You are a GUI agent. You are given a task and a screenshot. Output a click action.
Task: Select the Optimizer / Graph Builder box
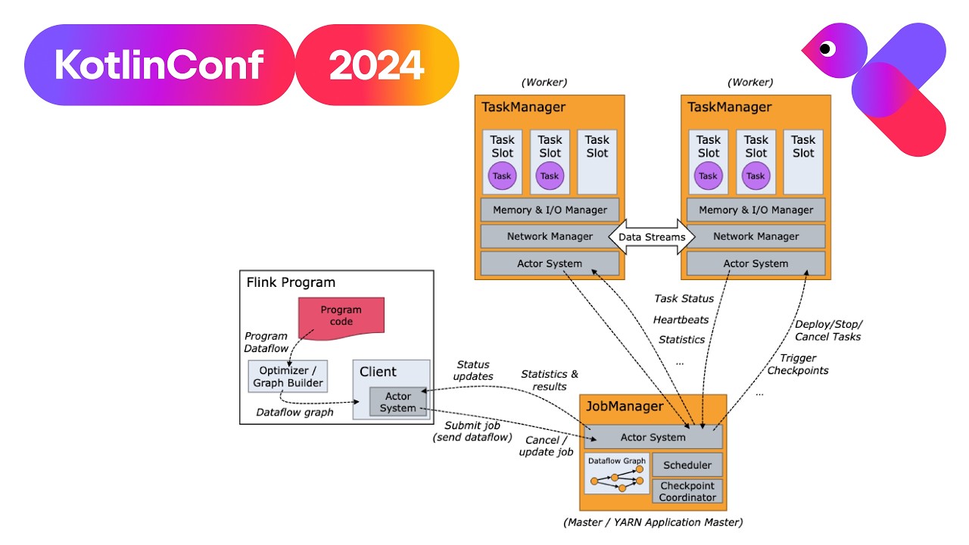tap(288, 376)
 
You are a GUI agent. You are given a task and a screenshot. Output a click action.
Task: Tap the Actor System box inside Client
tap(397, 403)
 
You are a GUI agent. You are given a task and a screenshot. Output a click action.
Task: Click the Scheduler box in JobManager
tap(687, 465)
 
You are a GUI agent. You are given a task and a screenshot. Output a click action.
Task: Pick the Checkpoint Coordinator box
tap(687, 491)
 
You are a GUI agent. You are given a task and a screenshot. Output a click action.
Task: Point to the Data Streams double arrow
tap(652, 237)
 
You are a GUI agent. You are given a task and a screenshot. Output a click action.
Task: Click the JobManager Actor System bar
tap(653, 437)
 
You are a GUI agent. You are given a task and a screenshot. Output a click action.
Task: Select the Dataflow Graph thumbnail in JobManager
tap(618, 474)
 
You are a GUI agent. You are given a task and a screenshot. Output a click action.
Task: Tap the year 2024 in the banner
tap(376, 65)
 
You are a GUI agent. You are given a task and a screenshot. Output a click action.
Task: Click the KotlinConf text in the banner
tap(159, 65)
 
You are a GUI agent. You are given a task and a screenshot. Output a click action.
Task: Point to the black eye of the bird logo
tap(826, 49)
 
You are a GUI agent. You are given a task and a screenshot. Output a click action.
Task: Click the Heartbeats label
tap(681, 319)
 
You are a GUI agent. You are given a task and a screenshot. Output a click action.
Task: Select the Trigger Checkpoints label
tap(798, 364)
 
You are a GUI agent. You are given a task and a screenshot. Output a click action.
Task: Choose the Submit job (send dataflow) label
tap(472, 431)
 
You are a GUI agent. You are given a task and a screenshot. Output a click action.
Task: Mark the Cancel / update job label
tap(546, 446)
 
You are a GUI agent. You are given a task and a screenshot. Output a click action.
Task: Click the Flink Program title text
tap(291, 282)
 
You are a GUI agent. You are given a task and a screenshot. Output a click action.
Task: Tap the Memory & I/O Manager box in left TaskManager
tap(550, 210)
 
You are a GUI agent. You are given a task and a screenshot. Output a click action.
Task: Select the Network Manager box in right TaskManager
tap(756, 236)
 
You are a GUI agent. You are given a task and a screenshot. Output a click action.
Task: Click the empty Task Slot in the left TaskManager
tap(597, 162)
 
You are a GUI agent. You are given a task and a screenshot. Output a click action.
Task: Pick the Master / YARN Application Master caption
tap(653, 522)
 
